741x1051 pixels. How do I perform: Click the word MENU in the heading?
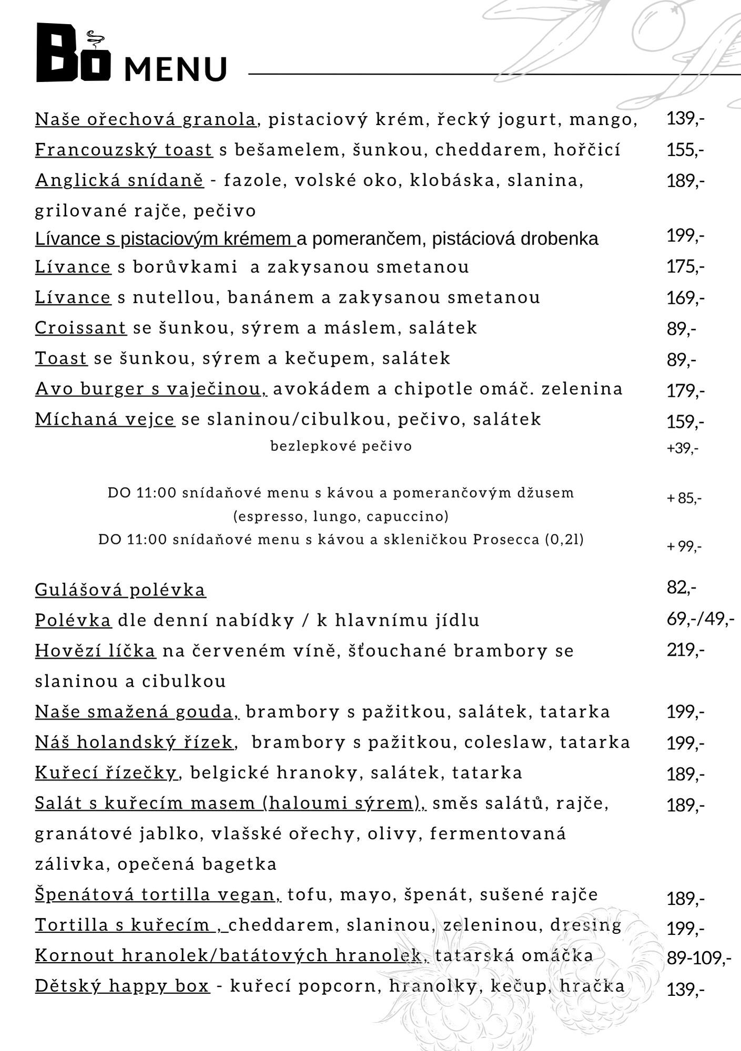[x=176, y=69]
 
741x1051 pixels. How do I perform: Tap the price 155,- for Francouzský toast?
[x=685, y=150]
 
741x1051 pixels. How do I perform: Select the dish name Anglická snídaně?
[x=119, y=180]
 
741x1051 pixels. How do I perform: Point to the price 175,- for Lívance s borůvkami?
[x=685, y=267]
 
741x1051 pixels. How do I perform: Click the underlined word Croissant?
[x=80, y=328]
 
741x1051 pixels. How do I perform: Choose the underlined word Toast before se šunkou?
[x=61, y=358]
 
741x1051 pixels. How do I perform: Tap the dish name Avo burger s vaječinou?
[x=151, y=389]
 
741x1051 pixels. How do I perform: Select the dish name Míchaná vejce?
[x=105, y=419]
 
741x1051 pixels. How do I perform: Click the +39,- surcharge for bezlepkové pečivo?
[x=683, y=448]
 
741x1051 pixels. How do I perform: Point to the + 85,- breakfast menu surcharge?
[x=684, y=498]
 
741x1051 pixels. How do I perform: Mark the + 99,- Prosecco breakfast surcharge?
[x=684, y=547]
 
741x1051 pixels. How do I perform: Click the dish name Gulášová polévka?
[x=120, y=590]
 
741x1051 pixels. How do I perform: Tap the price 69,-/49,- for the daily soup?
[x=700, y=620]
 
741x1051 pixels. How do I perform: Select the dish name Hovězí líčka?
[x=95, y=651]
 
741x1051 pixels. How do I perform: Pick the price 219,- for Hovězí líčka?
[x=685, y=651]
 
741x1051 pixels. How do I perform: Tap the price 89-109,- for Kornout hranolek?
[x=698, y=959]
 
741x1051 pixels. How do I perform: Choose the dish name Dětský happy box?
[x=122, y=986]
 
